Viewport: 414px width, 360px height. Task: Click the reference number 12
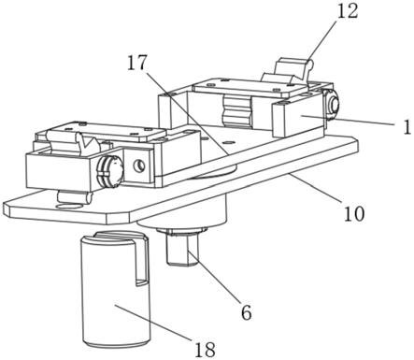click(349, 12)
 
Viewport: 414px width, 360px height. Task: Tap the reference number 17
click(137, 64)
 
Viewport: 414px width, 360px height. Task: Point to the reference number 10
click(354, 214)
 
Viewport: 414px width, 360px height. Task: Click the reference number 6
click(247, 312)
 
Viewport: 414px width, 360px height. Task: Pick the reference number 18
click(206, 350)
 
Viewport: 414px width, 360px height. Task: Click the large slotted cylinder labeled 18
click(115, 289)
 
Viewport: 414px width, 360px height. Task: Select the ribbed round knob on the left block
click(110, 171)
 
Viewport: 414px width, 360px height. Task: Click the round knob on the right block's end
click(332, 105)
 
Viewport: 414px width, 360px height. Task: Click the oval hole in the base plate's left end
click(69, 206)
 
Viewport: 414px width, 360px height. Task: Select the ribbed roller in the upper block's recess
click(236, 110)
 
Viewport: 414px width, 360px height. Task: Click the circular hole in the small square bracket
click(138, 166)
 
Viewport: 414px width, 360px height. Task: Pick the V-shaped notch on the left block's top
click(86, 143)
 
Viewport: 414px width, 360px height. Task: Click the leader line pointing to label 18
click(153, 323)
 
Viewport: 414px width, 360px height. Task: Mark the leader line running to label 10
click(315, 189)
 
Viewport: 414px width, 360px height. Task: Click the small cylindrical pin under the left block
click(75, 197)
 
